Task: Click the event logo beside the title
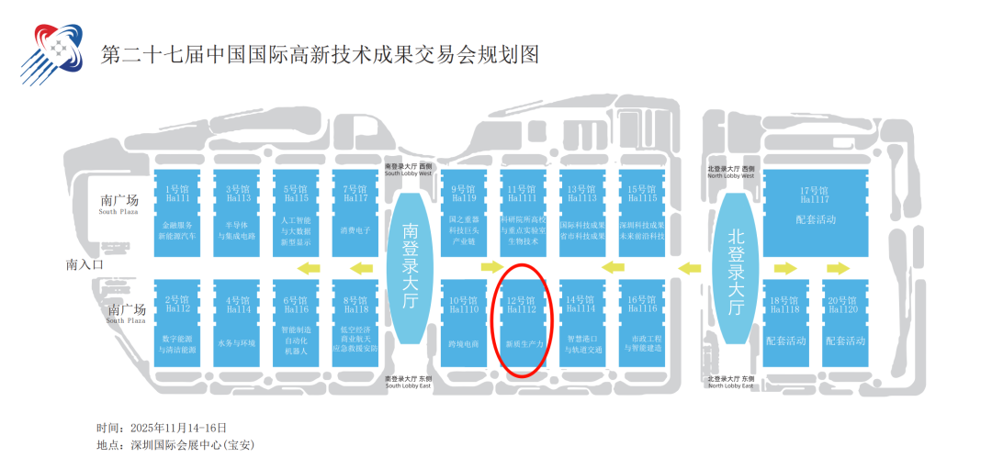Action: [x=53, y=53]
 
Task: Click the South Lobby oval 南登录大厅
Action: [x=411, y=266]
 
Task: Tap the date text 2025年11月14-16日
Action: [x=178, y=428]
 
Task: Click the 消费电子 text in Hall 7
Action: [x=355, y=230]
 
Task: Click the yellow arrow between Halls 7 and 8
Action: [x=365, y=268]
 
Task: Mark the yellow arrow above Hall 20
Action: [x=837, y=268]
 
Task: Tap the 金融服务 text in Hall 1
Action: [x=177, y=225]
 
